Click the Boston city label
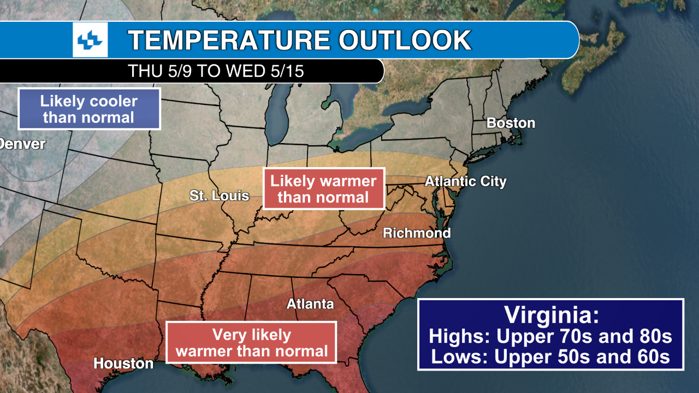coord(511,123)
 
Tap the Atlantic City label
coord(465,181)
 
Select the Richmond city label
coord(417,233)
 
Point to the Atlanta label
coord(310,303)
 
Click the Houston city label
coord(123,363)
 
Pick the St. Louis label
coord(219,195)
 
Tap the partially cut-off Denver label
coord(22,144)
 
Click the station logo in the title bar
coord(90,40)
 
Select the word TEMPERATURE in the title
coord(229,40)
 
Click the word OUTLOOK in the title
coord(405,40)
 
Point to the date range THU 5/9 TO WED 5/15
coord(215,71)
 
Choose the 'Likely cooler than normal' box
coord(89,109)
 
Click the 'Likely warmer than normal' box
coord(323,189)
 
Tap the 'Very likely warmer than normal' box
coord(251,343)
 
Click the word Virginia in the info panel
coord(550,315)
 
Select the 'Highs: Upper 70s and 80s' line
coord(550,336)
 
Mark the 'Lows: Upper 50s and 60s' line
coord(550,356)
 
